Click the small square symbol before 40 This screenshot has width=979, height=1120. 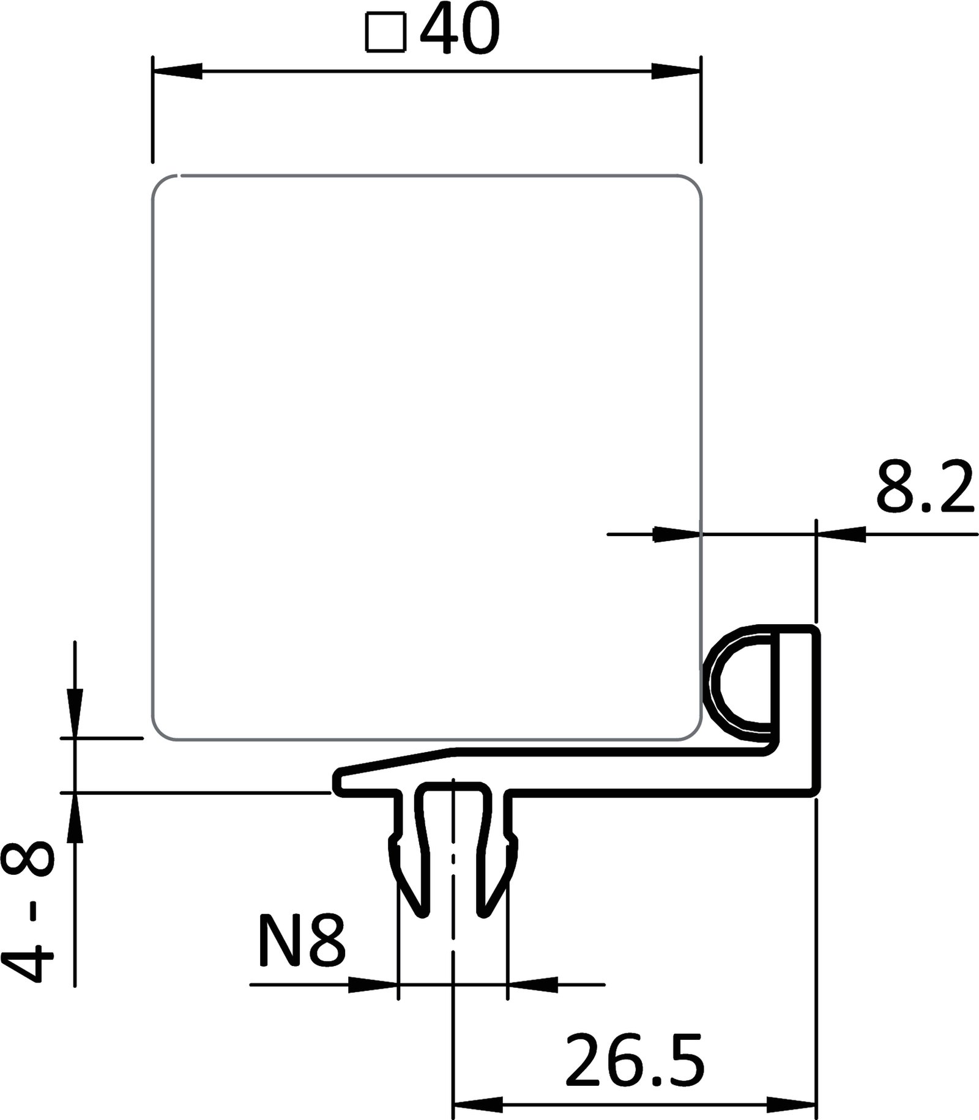coord(385,34)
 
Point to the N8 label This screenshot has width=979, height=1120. coord(302,941)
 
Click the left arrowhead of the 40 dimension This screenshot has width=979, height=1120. coord(177,72)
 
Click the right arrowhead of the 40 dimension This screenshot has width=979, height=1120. coord(676,72)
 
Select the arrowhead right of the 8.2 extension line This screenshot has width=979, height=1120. coord(842,534)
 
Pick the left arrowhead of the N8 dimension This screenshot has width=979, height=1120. coord(373,984)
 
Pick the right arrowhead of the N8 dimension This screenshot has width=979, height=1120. coord(532,984)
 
